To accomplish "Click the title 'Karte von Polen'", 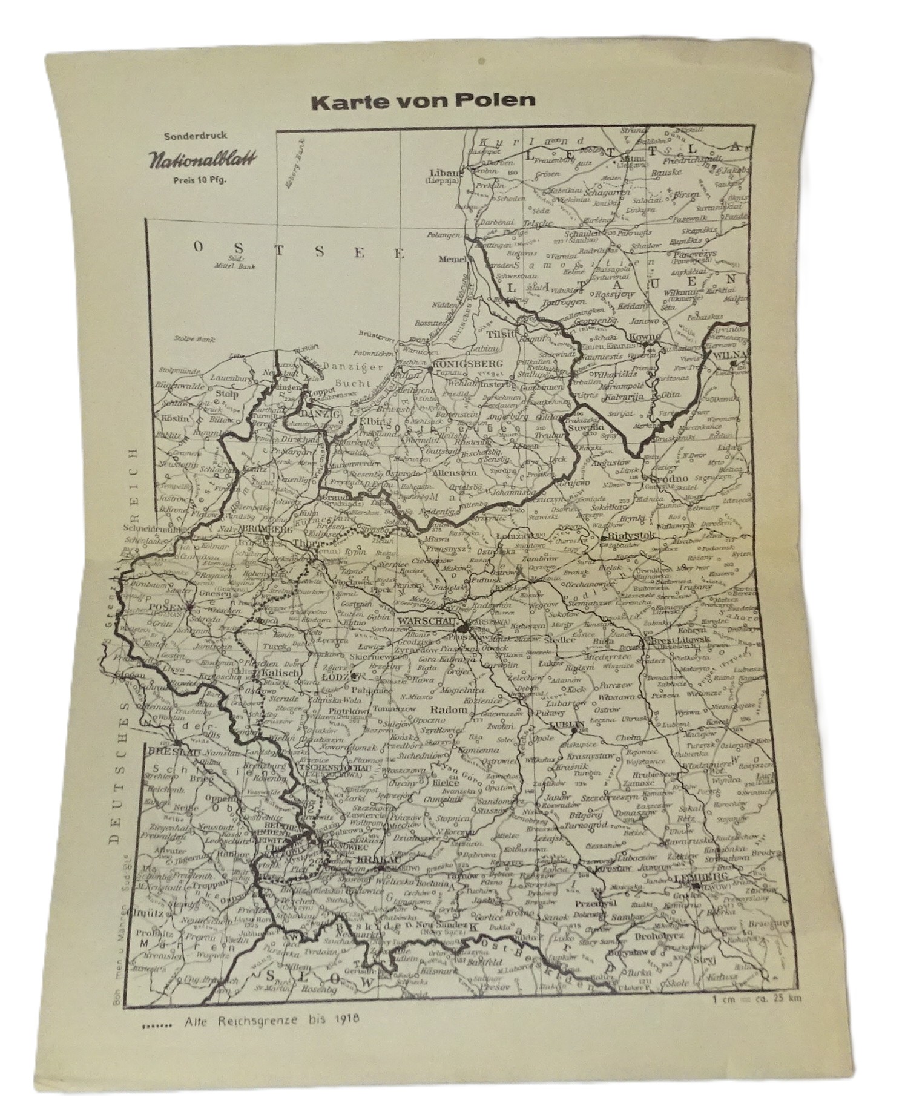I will (x=423, y=100).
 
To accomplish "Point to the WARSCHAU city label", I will (x=425, y=621).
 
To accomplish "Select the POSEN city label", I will (x=166, y=607).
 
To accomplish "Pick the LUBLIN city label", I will (x=567, y=724).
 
